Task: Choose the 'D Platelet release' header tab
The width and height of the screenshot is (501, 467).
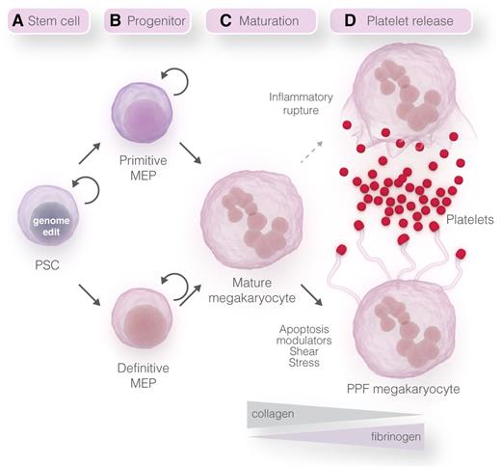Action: point(399,20)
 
